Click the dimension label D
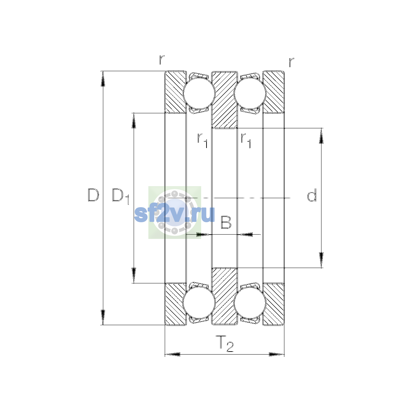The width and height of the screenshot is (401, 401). coord(93,195)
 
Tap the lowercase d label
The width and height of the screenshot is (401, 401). coord(312,195)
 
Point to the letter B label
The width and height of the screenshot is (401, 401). coord(226,222)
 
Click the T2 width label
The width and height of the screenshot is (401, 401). coord(225,344)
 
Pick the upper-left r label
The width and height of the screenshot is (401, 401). coord(162,60)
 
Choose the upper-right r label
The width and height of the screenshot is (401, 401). coord(291,62)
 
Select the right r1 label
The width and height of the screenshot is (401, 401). coord(246,141)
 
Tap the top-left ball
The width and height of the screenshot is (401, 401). coord(199,94)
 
